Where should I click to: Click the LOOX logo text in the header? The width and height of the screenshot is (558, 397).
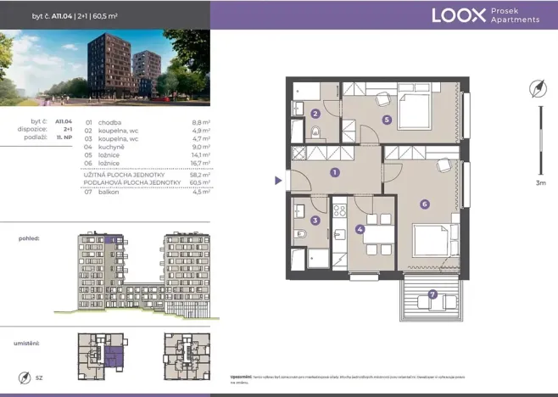(x=459, y=14)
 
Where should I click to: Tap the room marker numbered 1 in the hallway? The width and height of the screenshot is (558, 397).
(x=335, y=172)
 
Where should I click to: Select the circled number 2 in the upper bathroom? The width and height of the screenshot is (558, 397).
(x=315, y=114)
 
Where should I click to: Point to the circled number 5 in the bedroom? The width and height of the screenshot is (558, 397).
(x=387, y=120)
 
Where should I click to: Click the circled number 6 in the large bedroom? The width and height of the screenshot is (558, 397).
(x=424, y=204)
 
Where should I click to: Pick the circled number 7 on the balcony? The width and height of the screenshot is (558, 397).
(x=433, y=294)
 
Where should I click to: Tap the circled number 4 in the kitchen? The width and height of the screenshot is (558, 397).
(x=360, y=229)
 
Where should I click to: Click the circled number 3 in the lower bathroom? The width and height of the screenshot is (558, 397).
(x=315, y=221)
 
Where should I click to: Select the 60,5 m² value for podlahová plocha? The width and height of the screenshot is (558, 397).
(x=201, y=182)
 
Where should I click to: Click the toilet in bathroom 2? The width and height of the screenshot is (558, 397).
(x=315, y=131)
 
